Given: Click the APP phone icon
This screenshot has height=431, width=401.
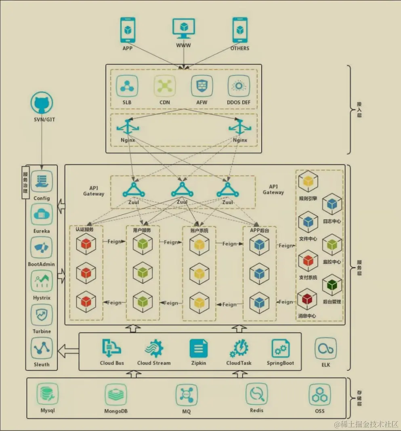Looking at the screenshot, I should click(128, 30).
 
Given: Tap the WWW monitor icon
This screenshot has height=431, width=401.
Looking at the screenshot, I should click(184, 28).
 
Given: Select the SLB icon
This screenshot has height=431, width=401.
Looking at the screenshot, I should click(127, 86).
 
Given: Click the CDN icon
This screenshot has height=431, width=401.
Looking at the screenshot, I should click(165, 86).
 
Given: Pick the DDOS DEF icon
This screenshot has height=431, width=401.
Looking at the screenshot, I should click(239, 86).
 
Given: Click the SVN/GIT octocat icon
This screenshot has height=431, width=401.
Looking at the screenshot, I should click(42, 103).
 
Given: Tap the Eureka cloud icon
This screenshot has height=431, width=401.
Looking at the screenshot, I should click(42, 214).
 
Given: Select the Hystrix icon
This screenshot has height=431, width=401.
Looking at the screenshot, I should click(42, 281).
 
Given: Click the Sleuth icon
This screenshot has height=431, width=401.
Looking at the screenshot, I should click(42, 348).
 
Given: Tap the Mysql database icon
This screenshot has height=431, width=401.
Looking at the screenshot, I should click(48, 394).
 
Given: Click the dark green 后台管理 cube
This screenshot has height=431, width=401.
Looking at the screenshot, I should click(332, 285).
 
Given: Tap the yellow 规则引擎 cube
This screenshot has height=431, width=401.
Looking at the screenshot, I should click(308, 181).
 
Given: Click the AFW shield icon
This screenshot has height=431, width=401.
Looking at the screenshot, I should click(202, 86).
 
